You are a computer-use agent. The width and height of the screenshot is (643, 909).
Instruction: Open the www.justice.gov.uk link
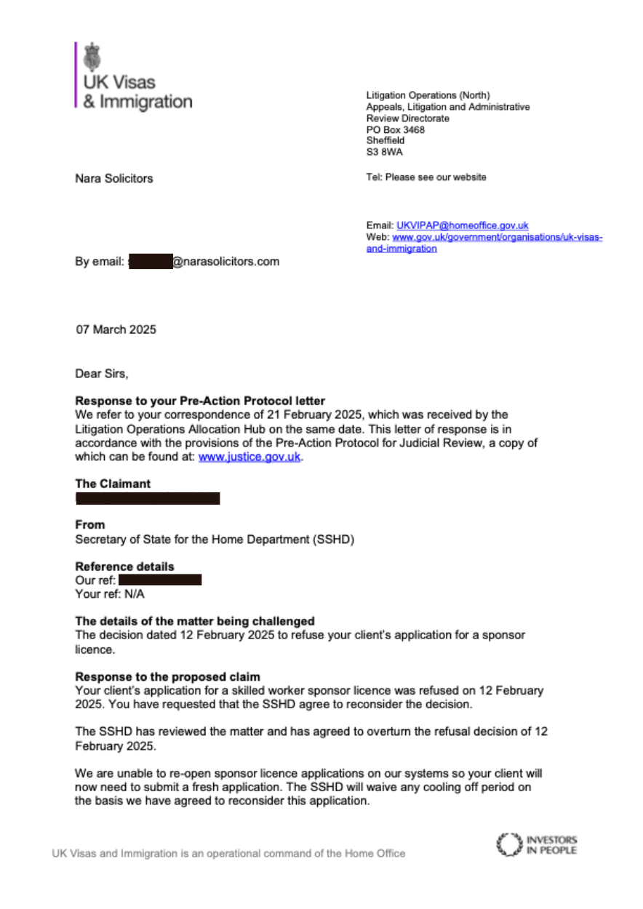[x=249, y=458]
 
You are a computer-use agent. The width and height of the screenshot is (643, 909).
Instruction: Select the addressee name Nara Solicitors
[x=114, y=178]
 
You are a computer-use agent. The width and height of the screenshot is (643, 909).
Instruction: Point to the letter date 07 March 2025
[x=116, y=329]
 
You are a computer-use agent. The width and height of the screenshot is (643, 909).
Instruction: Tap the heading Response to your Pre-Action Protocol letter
[x=200, y=401]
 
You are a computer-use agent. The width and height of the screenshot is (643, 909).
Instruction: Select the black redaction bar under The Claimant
[x=148, y=498]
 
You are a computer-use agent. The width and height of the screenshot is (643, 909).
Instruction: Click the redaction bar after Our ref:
[x=159, y=580]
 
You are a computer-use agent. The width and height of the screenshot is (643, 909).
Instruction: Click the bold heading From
[x=90, y=524]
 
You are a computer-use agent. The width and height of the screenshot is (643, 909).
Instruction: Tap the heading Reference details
[x=125, y=566]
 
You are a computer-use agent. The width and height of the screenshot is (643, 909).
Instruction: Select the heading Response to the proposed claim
[x=168, y=676]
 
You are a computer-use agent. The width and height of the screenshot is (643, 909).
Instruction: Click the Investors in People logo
[x=535, y=845]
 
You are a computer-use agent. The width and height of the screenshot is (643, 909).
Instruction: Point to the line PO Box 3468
[x=395, y=130]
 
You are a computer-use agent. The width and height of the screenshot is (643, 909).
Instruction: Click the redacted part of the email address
[x=150, y=262]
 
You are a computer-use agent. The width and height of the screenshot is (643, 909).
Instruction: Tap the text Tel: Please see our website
[x=426, y=177]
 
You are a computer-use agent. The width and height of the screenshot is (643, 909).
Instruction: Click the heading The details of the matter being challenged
[x=195, y=621]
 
